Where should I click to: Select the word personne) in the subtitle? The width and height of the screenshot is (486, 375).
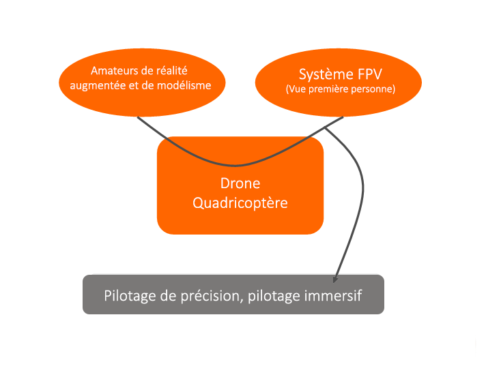[375, 89]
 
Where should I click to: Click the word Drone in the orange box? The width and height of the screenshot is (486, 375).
[240, 183]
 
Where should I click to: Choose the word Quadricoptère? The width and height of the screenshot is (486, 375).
[240, 202]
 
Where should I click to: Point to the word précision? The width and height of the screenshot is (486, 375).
[209, 296]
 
